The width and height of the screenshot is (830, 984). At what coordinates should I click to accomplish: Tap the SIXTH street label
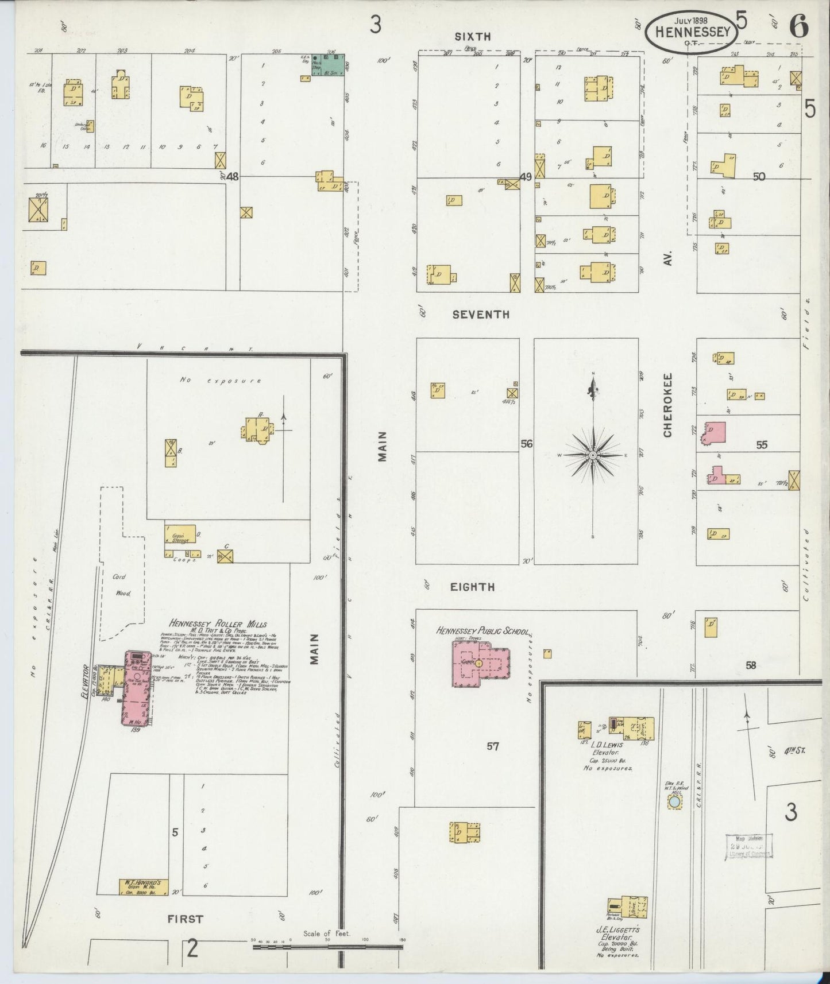point(473,37)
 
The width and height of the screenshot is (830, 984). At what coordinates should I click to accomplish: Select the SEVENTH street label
point(481,315)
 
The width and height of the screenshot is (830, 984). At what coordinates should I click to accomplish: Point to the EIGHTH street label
point(474,587)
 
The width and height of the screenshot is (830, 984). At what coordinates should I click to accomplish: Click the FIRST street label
point(185,919)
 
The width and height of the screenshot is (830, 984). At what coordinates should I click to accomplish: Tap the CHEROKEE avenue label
point(667,405)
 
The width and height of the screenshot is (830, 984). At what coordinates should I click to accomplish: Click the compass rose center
point(592,455)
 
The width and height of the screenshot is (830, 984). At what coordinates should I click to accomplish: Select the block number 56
point(527,444)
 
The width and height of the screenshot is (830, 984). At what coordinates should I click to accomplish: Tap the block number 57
point(492,746)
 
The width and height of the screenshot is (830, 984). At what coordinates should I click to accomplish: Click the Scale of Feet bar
point(327,945)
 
